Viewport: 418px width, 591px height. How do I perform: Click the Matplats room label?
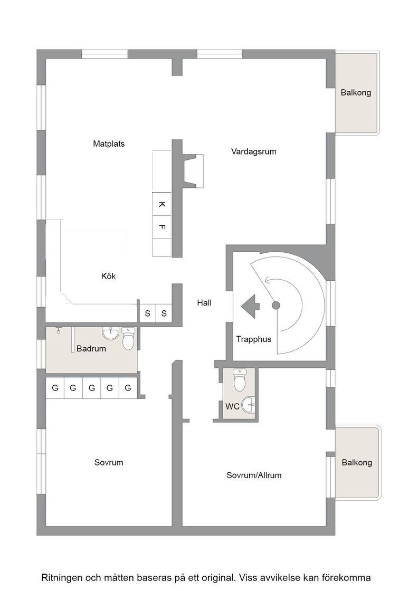coord(109,144)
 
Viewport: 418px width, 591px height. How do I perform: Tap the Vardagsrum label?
coord(254,151)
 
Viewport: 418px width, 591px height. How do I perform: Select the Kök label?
coord(109,276)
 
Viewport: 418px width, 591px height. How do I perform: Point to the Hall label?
coord(204,303)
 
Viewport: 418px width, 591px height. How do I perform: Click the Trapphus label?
coord(254,339)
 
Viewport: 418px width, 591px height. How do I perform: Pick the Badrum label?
coord(91,349)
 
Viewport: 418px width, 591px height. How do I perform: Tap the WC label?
coord(232,407)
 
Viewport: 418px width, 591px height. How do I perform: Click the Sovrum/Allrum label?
coord(254,475)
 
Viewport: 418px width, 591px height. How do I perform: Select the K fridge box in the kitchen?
coord(162,204)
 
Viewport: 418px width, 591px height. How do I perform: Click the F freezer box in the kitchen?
coord(162,227)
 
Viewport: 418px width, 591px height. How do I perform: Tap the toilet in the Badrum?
coord(128,338)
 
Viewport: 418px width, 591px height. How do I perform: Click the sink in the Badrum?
coord(110,333)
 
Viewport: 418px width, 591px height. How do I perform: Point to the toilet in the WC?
coord(240,379)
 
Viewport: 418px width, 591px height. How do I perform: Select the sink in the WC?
coord(249,405)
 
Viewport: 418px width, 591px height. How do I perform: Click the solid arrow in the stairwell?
coord(250,306)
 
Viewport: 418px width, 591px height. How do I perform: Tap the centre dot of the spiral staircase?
coord(276,306)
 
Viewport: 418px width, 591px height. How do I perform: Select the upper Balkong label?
coord(356,93)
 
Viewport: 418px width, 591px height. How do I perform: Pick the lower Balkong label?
coord(357,462)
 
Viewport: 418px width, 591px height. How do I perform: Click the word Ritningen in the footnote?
coord(61,578)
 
